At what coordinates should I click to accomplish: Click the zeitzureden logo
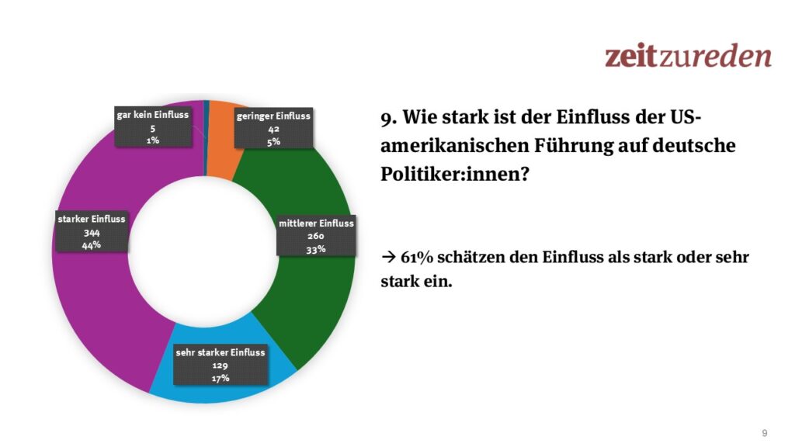[688, 56]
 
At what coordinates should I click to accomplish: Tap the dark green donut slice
[311, 295]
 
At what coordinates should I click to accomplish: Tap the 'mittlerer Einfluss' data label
[316, 235]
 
